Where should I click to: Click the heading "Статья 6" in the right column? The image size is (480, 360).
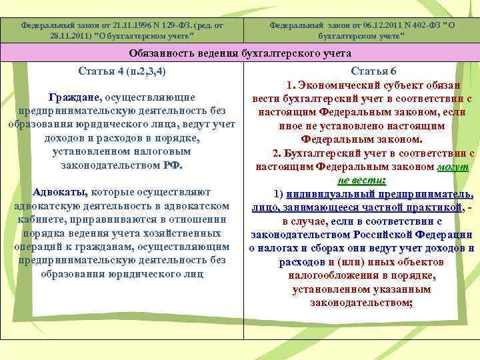click(364, 71)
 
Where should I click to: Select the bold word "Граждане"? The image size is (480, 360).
click(75, 97)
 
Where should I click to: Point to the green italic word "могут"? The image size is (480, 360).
click(455, 167)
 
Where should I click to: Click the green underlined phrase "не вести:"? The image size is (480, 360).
click(363, 180)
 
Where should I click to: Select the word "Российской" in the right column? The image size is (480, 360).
click(380, 235)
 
